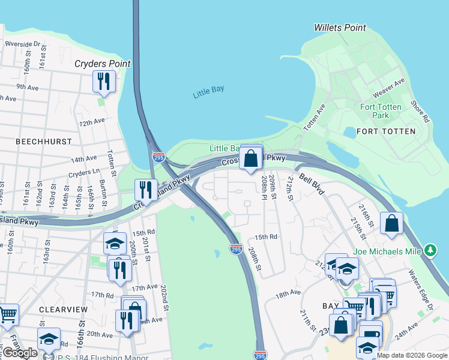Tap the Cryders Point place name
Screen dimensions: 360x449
click(x=103, y=64)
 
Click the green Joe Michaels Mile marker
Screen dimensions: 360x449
click(x=430, y=250)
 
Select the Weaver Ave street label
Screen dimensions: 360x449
click(x=389, y=88)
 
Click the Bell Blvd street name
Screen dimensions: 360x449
click(x=312, y=184)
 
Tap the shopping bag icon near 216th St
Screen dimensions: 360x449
click(x=391, y=224)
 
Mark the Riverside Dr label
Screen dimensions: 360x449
click(x=22, y=44)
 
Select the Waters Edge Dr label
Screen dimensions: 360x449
click(x=424, y=292)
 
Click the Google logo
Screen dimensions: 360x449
click(x=19, y=353)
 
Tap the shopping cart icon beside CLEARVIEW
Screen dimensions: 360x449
click(x=7, y=314)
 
